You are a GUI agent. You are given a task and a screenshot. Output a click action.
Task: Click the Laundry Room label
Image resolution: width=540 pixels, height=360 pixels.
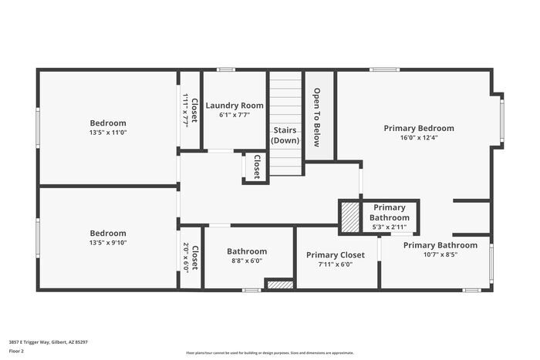point(235,106)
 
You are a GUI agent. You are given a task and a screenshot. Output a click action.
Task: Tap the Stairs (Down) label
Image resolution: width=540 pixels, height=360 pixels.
point(285,136)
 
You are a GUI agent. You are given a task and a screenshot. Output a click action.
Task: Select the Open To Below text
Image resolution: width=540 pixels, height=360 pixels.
point(317,117)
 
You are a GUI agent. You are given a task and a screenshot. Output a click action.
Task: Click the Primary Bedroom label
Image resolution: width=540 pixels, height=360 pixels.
point(419,128)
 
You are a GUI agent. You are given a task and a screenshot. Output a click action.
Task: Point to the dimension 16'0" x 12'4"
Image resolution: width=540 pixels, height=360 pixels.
point(419,138)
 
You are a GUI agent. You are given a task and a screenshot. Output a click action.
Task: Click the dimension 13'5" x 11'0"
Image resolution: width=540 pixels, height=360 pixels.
point(108,133)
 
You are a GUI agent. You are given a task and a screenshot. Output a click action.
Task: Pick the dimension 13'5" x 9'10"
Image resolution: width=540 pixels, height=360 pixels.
point(108,244)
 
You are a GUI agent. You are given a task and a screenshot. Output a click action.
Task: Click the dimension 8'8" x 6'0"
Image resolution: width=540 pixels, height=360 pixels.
point(247,261)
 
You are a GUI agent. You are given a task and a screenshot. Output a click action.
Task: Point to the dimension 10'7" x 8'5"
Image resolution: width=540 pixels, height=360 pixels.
point(440,254)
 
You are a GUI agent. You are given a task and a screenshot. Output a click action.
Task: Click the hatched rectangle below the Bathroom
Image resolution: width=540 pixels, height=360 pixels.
point(279,284)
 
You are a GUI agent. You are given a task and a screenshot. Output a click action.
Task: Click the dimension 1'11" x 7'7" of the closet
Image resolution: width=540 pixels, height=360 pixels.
point(186,110)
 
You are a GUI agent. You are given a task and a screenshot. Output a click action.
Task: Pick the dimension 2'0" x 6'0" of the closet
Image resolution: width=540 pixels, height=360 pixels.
point(186,257)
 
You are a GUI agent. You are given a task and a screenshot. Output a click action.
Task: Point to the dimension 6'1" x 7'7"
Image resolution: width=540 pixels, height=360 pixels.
point(235,115)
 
